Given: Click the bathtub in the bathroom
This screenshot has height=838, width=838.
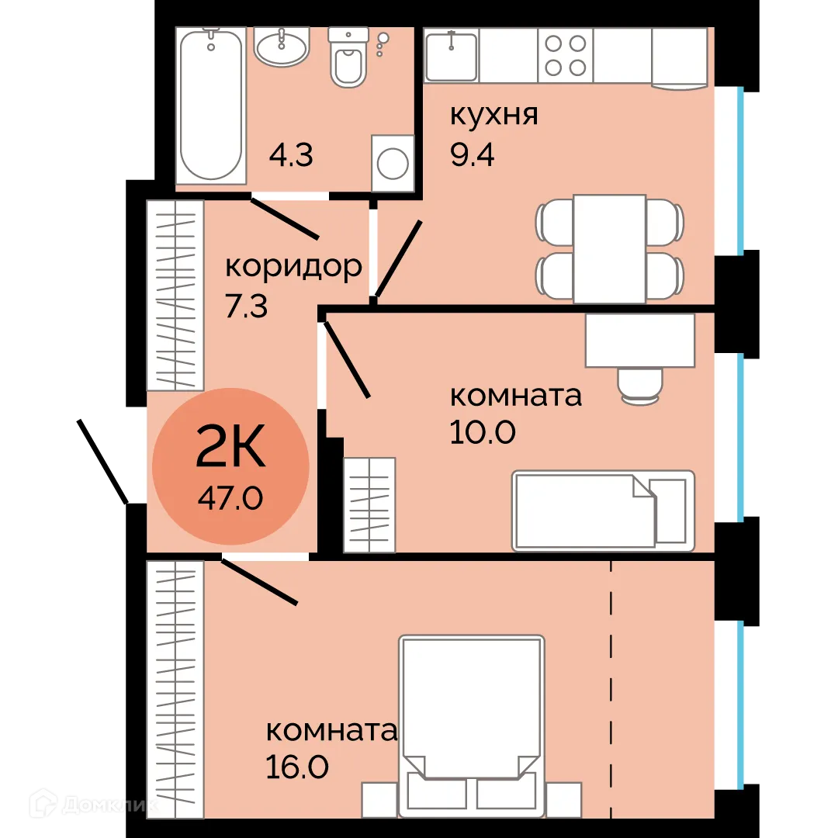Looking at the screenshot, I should tap(210, 105).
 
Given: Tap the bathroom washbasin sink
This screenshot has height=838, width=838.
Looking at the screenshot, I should tap(282, 48).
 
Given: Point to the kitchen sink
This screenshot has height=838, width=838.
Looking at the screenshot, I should tap(451, 56).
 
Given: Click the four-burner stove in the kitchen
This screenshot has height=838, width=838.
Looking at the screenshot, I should tap(565, 56).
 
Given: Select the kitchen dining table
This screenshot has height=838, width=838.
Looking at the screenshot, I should tap(609, 248).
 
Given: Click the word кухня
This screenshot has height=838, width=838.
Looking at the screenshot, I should tap(494, 116).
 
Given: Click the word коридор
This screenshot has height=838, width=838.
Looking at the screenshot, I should tap(293, 267).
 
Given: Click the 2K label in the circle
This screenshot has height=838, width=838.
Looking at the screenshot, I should tap(230, 448).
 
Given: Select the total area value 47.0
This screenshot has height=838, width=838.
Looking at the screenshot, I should tap(230, 497).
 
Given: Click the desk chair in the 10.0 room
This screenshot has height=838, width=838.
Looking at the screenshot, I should tap(640, 385).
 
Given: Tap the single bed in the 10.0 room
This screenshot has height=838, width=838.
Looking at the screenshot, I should tap(602, 511).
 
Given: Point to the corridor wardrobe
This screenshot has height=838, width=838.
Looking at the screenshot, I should tap(175, 295).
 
